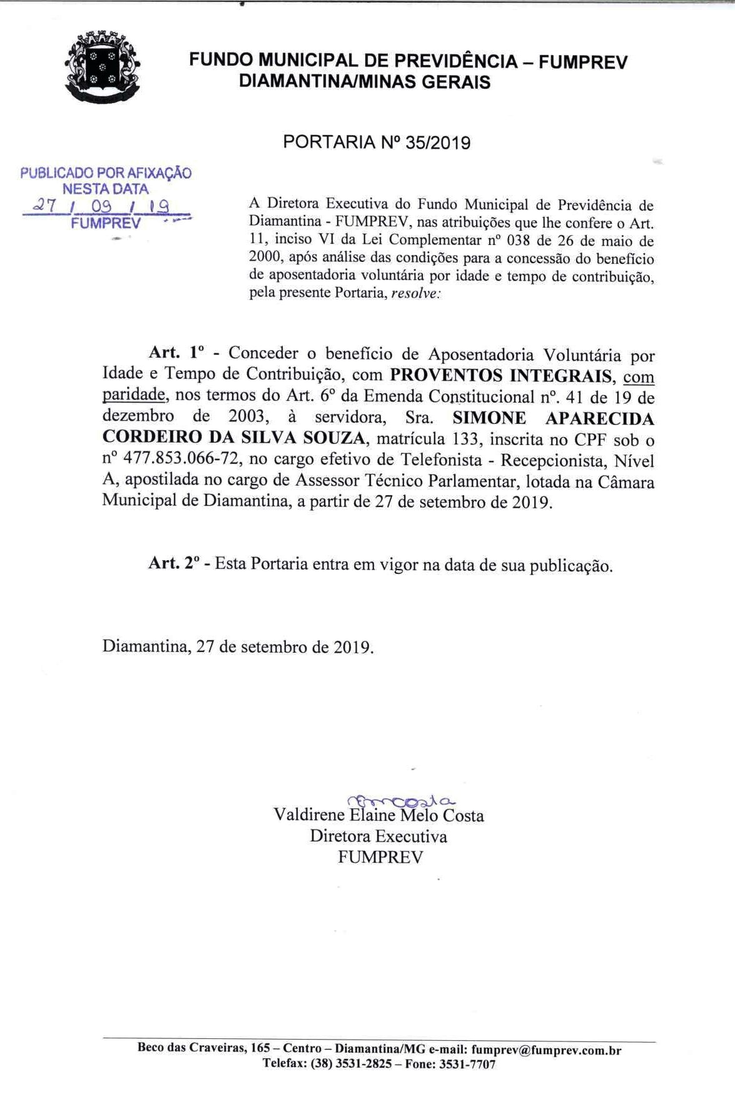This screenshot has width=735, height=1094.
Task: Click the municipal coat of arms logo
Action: (x=103, y=67)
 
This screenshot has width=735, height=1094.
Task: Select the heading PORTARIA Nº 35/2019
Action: (x=377, y=143)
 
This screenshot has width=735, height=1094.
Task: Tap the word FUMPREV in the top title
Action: (x=582, y=61)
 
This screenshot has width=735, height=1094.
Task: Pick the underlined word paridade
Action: (x=134, y=396)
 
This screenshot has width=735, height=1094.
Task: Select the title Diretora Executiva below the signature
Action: (x=378, y=836)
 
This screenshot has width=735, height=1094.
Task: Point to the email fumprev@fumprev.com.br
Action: (x=546, y=1050)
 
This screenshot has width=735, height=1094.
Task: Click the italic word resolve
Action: (x=415, y=294)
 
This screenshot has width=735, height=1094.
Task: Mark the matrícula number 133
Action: (x=466, y=439)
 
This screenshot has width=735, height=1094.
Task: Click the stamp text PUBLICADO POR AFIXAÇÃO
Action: (x=106, y=173)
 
